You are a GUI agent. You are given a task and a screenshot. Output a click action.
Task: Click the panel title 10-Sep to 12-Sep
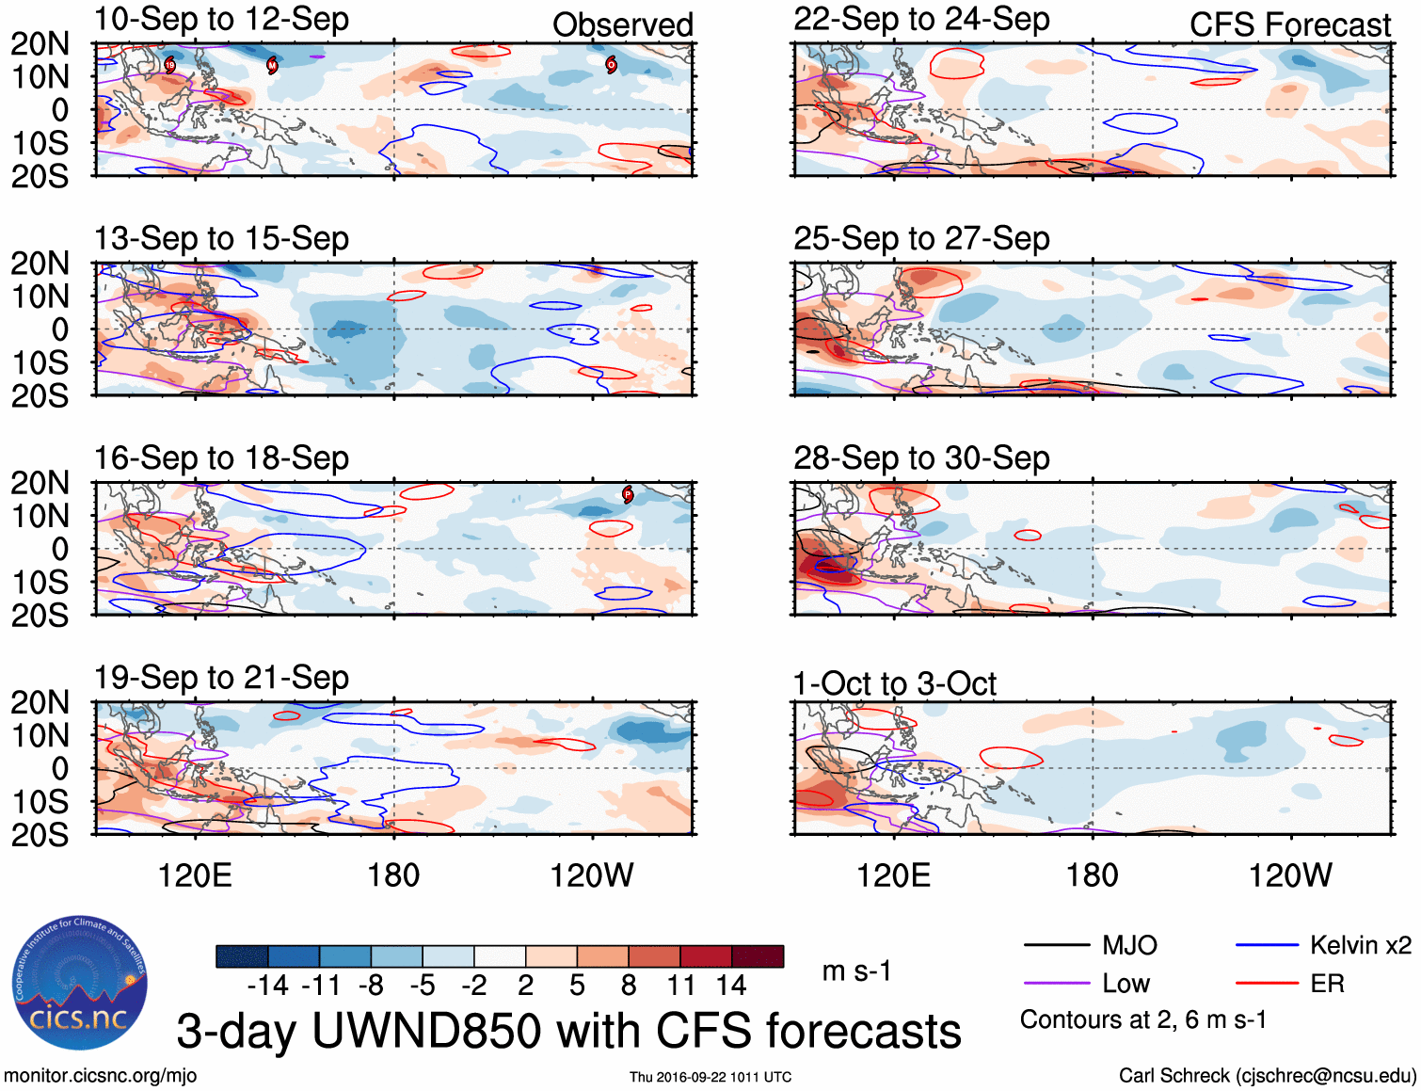click(x=221, y=20)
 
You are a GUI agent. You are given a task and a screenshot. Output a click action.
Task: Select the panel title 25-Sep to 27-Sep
click(x=921, y=239)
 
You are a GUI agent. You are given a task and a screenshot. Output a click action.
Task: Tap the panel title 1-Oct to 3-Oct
click(x=894, y=683)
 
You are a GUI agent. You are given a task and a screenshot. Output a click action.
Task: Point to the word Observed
click(x=622, y=25)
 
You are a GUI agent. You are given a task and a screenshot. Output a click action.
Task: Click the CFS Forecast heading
click(x=1289, y=25)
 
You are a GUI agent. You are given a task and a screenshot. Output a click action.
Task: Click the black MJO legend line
click(x=1056, y=945)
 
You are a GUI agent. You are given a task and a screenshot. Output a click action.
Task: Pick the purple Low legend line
click(x=1056, y=984)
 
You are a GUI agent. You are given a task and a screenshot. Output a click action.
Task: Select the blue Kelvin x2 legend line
click(x=1267, y=945)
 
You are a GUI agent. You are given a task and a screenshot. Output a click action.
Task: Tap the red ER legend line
click(x=1267, y=984)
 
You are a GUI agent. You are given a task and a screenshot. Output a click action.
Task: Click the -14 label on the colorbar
click(x=267, y=986)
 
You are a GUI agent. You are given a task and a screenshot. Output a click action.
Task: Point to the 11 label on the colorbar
click(x=680, y=986)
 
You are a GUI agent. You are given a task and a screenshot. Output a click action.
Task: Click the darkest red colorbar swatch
click(x=758, y=956)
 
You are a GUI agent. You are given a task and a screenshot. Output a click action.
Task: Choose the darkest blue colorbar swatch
click(x=242, y=956)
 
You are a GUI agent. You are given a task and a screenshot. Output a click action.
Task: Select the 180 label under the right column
click(x=1092, y=876)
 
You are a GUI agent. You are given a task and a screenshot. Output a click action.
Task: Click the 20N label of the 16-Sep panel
click(x=40, y=483)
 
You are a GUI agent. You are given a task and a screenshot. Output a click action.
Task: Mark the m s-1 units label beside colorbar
click(x=856, y=971)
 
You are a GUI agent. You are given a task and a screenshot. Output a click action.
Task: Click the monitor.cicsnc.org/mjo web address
click(x=101, y=1076)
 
